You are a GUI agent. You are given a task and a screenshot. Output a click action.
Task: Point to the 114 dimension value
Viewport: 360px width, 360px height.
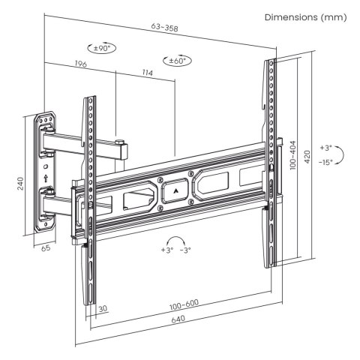pyautogui.click(x=145, y=73)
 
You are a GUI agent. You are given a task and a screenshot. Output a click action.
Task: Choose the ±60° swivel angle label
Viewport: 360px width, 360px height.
pyautogui.click(x=177, y=60)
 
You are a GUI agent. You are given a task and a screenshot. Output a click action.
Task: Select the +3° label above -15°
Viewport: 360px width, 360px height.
pyautogui.click(x=325, y=148)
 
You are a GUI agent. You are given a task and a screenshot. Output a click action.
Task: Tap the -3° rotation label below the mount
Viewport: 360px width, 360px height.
pyautogui.click(x=185, y=251)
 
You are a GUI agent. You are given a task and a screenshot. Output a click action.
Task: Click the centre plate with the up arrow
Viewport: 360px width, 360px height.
pyautogui.click(x=175, y=190)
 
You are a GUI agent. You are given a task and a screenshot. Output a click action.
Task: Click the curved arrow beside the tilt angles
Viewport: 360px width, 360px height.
pyautogui.click(x=341, y=154)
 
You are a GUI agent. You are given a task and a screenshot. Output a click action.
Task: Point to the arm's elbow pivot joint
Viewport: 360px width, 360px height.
pyautogui.click(x=118, y=143)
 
